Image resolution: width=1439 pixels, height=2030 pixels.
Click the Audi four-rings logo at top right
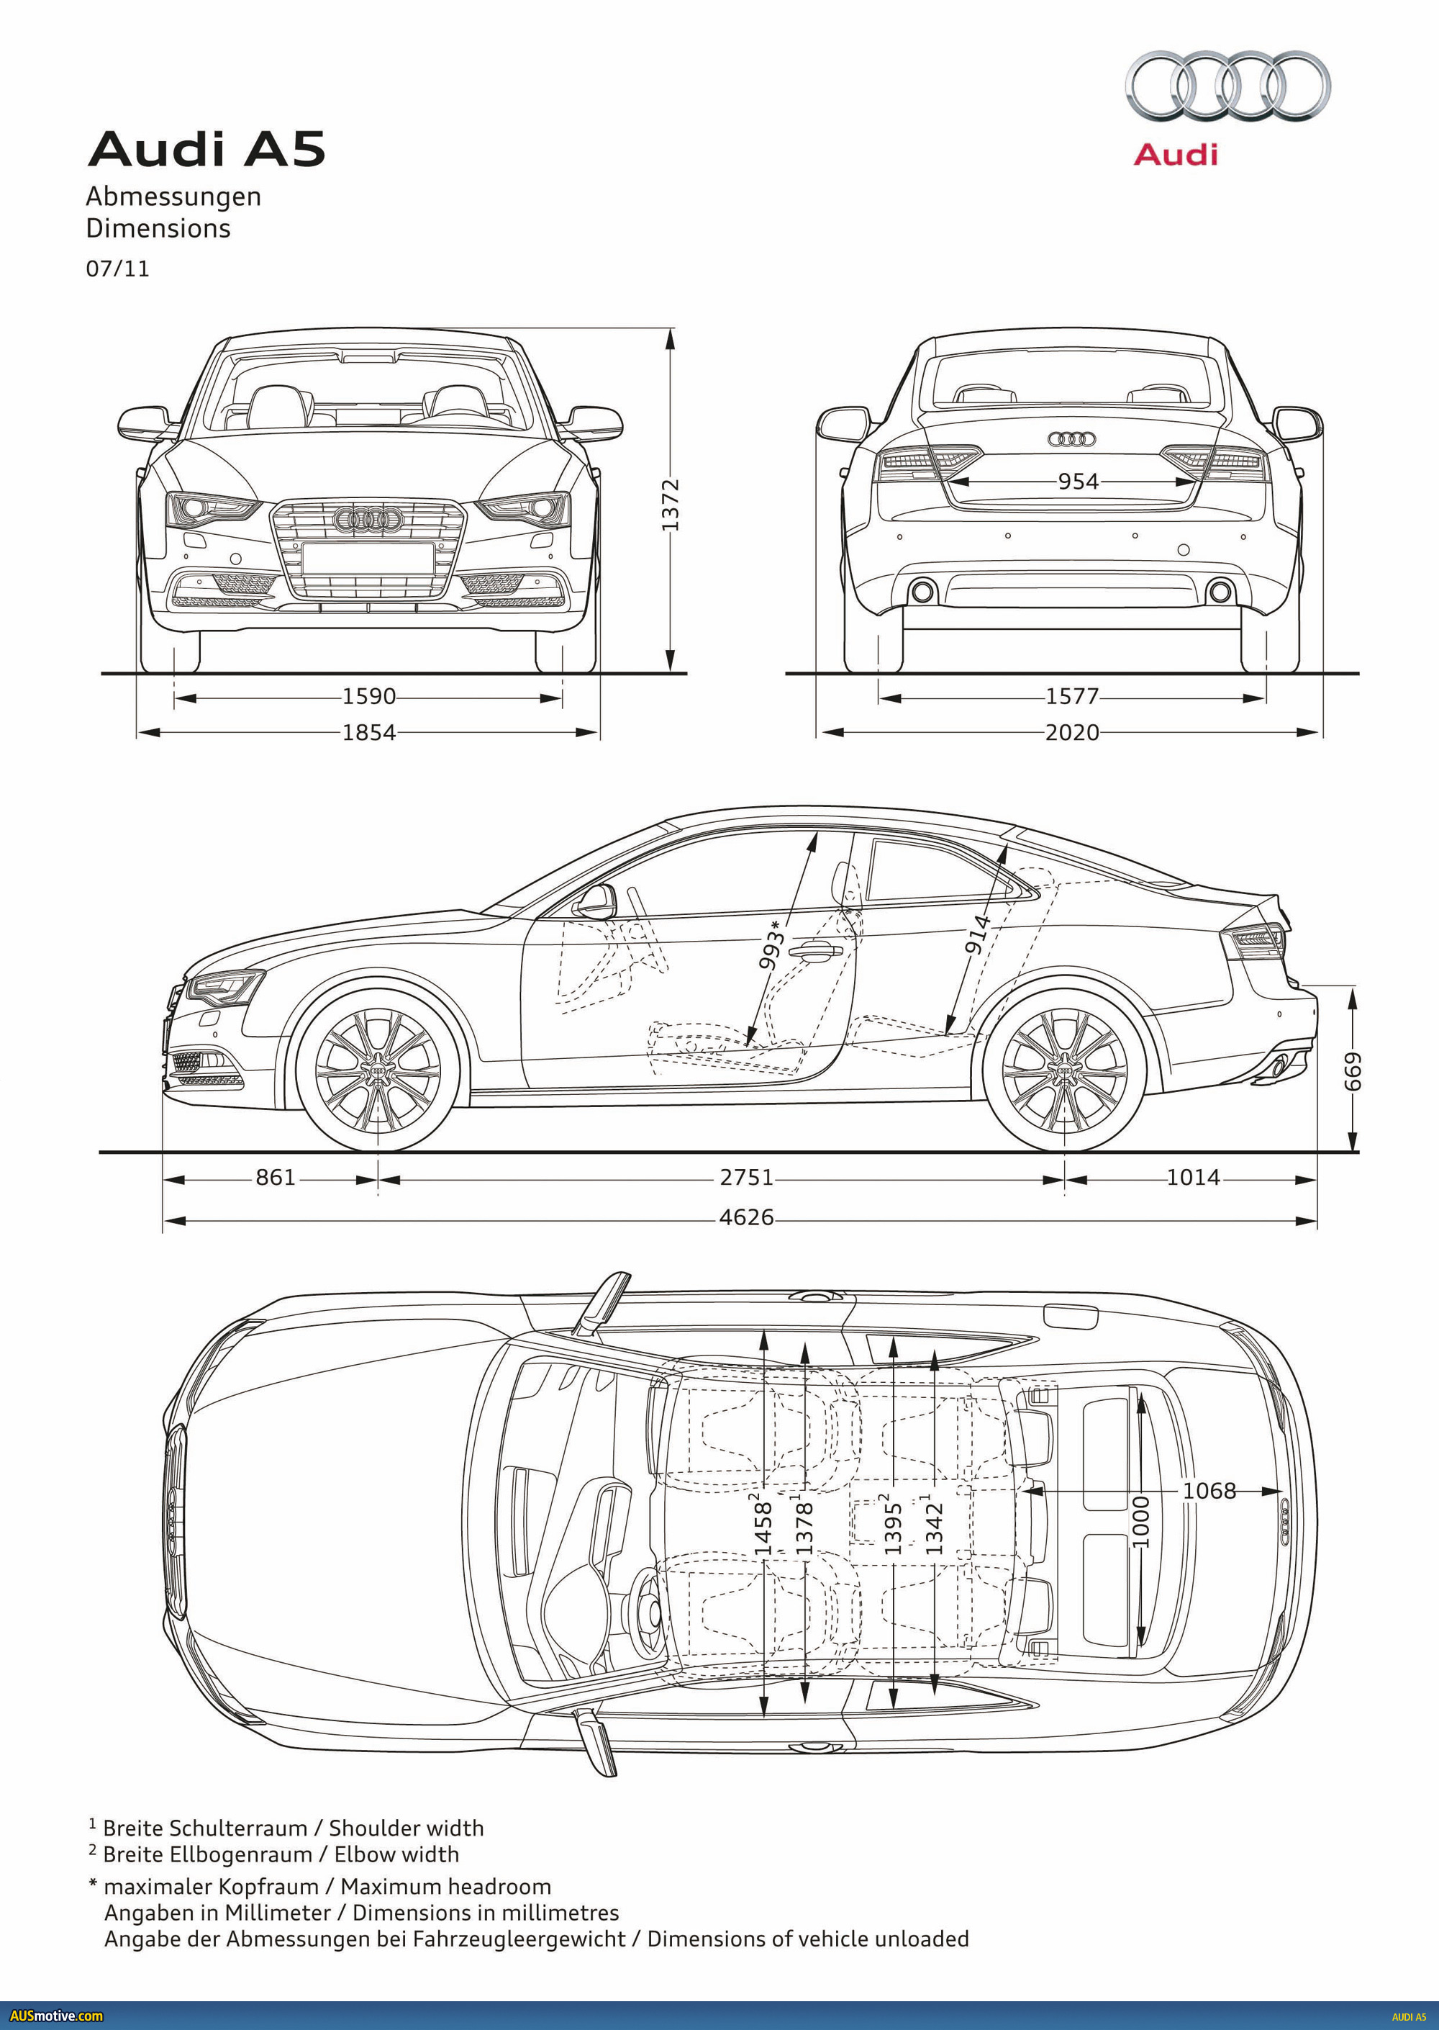coord(1227,86)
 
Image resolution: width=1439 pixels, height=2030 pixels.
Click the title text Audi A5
coord(206,149)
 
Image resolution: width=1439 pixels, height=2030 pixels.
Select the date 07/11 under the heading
coord(118,269)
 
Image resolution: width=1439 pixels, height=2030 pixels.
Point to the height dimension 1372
coord(670,505)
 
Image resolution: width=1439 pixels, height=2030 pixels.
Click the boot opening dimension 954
coord(1078,482)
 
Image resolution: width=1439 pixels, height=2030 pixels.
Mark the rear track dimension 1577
coord(1071,696)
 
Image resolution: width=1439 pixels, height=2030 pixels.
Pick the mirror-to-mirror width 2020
coord(1071,732)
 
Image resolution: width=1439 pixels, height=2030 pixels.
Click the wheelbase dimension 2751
coord(746,1177)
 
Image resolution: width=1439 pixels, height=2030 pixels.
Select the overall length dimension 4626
coord(746,1217)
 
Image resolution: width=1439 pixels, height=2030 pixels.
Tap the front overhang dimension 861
coord(275,1177)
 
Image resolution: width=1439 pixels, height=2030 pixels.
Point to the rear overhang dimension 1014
coord(1193,1177)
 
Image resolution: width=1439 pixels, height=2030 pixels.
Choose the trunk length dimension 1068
coord(1209,1491)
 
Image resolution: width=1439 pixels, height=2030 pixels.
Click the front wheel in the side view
coord(378,1072)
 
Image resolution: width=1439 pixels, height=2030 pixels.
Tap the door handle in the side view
coord(815,953)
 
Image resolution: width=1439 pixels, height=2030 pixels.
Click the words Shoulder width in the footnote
coord(406,1828)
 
